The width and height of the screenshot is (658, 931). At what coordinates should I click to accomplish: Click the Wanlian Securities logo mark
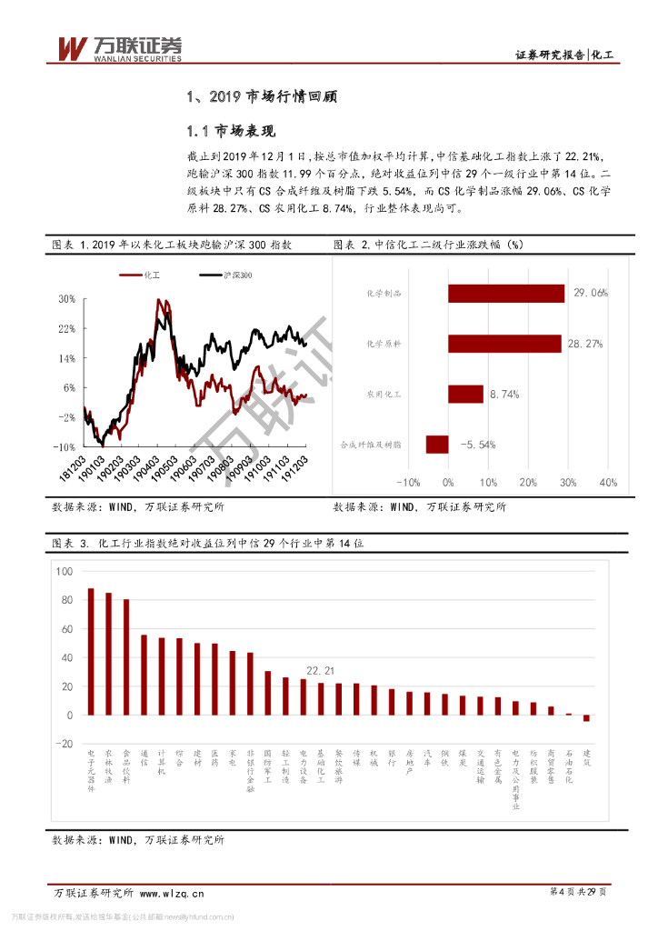[x=72, y=46]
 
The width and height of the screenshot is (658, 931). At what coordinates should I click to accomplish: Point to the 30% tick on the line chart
[x=66, y=299]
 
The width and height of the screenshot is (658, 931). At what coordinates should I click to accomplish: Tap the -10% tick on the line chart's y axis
[x=64, y=447]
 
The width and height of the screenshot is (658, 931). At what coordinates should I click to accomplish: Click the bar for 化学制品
[x=506, y=293]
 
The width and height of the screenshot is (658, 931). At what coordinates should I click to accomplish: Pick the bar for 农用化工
[x=465, y=394]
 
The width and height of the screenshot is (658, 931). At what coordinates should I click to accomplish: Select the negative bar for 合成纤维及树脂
[x=437, y=445]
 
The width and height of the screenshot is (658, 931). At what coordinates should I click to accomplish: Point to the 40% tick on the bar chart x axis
[x=607, y=482]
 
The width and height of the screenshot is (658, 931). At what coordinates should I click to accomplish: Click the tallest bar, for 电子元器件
[x=91, y=651]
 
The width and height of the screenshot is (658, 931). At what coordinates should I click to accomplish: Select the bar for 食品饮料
[x=126, y=657]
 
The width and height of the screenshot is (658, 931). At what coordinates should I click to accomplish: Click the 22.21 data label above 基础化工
[x=321, y=671]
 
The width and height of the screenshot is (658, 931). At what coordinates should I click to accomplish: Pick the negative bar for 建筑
[x=586, y=718]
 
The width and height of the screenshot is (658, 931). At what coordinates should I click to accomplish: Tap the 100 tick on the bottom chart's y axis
[x=64, y=572]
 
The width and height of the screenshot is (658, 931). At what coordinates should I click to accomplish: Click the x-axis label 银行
[x=392, y=756]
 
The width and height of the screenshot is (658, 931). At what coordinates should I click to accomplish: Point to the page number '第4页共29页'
[x=578, y=892]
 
